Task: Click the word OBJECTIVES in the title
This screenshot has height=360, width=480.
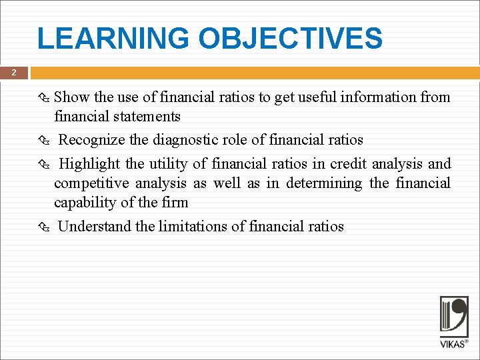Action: point(291,39)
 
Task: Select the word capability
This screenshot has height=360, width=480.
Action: point(85,203)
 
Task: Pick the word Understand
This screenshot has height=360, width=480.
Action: point(95,227)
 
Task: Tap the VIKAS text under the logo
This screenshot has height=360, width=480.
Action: point(453,344)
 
